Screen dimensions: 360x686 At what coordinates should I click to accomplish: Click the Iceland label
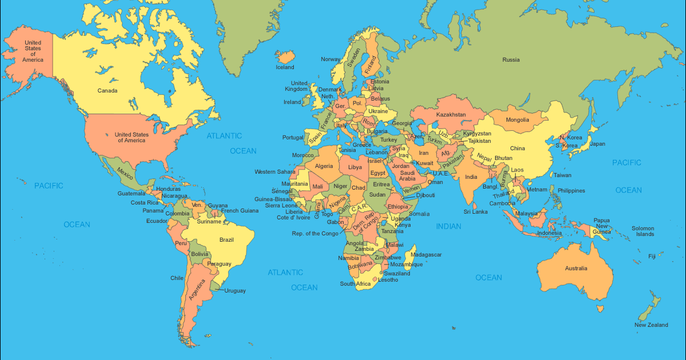pyautogui.click(x=285, y=67)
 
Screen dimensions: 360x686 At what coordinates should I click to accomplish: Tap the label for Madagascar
pyautogui.click(x=426, y=254)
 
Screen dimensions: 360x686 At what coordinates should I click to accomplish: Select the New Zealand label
pyautogui.click(x=651, y=325)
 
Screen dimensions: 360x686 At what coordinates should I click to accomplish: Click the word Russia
pyautogui.click(x=511, y=59)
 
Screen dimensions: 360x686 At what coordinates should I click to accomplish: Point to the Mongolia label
pyautogui.click(x=517, y=120)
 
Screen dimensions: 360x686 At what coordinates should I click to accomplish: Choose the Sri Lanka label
pyautogui.click(x=475, y=211)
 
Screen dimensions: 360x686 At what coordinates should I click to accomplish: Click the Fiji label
pyautogui.click(x=652, y=256)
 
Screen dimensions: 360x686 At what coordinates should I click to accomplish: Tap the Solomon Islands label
pyautogui.click(x=643, y=231)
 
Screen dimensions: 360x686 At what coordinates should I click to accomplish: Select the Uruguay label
pyautogui.click(x=234, y=291)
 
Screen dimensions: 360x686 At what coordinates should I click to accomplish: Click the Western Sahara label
pyautogui.click(x=274, y=171)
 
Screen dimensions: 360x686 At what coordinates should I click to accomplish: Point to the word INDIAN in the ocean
pyautogui.click(x=449, y=226)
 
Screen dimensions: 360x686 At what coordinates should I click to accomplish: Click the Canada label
pyautogui.click(x=107, y=91)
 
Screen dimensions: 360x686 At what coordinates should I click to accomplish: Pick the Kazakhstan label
pyautogui.click(x=451, y=115)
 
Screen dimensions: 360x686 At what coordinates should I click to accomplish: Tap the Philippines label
pyautogui.click(x=571, y=191)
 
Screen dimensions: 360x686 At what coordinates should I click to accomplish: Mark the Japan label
pyautogui.click(x=597, y=144)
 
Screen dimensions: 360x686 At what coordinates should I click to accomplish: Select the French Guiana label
pyautogui.click(x=240, y=211)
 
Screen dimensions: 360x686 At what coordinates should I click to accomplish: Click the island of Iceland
pyautogui.click(x=286, y=57)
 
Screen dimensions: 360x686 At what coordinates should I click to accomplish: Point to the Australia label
pyautogui.click(x=576, y=269)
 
